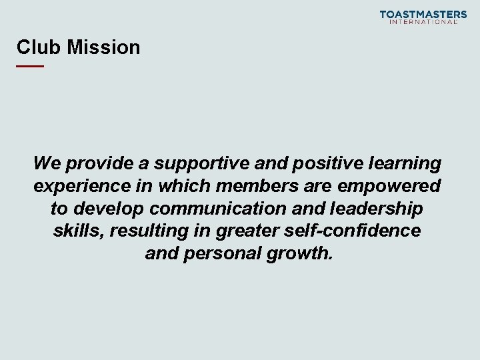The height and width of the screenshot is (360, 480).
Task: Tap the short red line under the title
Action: click(x=30, y=67)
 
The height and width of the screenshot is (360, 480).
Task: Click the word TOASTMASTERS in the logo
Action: click(x=423, y=14)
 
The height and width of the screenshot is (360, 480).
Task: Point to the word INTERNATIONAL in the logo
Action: click(x=423, y=22)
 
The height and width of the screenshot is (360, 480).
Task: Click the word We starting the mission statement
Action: click(x=47, y=163)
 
